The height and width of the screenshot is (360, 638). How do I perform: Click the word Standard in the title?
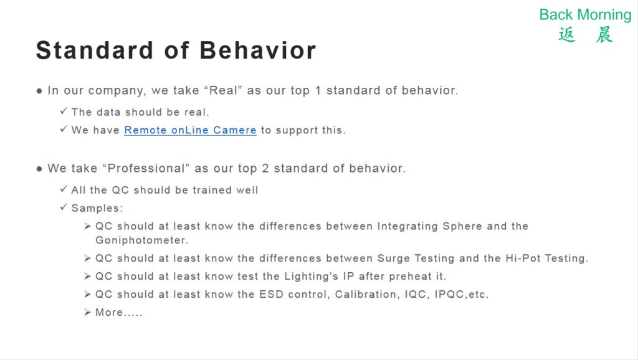(x=95, y=50)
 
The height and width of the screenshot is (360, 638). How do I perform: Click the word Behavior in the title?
(x=257, y=50)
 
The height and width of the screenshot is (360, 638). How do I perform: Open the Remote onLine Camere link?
(x=190, y=130)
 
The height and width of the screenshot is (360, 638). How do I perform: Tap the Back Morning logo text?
(x=585, y=15)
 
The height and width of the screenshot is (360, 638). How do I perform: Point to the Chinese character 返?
(x=567, y=35)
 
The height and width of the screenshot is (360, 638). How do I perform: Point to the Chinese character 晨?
(x=604, y=35)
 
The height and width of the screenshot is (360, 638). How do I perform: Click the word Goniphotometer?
(x=141, y=240)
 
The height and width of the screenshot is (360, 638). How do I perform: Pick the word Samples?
(x=97, y=208)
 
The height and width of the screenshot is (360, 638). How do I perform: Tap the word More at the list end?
(x=109, y=313)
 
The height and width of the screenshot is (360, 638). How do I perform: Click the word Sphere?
(x=462, y=226)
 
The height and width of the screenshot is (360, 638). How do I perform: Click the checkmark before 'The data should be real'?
(x=64, y=111)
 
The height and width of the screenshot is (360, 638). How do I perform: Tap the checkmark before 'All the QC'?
(x=64, y=189)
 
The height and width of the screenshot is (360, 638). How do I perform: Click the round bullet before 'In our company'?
(x=39, y=91)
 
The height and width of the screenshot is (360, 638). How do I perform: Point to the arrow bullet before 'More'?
(x=87, y=312)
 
